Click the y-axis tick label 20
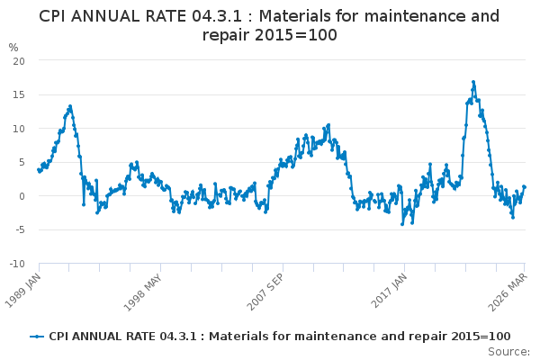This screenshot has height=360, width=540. (x=18, y=59)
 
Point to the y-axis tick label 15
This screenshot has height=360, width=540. (x=18, y=94)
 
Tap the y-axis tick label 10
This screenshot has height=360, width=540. (x=18, y=128)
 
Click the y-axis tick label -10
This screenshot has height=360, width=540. (x=16, y=265)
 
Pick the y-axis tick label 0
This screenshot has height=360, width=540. (x=21, y=196)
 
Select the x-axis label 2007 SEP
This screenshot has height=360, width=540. (x=265, y=291)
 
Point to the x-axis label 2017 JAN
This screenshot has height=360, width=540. (x=389, y=291)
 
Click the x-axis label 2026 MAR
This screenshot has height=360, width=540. (x=509, y=291)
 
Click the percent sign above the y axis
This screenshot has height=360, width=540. (x=13, y=47)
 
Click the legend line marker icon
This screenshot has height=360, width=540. (x=37, y=337)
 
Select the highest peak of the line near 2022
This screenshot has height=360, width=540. (x=472, y=82)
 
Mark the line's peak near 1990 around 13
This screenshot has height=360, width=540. (x=70, y=106)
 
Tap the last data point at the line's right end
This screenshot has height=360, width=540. (x=524, y=186)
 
